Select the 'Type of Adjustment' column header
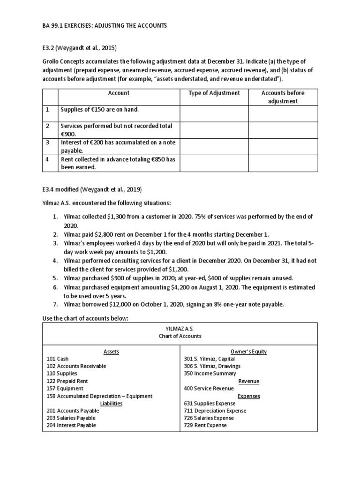tap(214, 93)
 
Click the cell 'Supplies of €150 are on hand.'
tap(99, 109)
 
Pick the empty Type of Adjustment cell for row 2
tap(214, 129)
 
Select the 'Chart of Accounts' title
tap(180, 336)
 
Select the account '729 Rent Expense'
tap(205, 425)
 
